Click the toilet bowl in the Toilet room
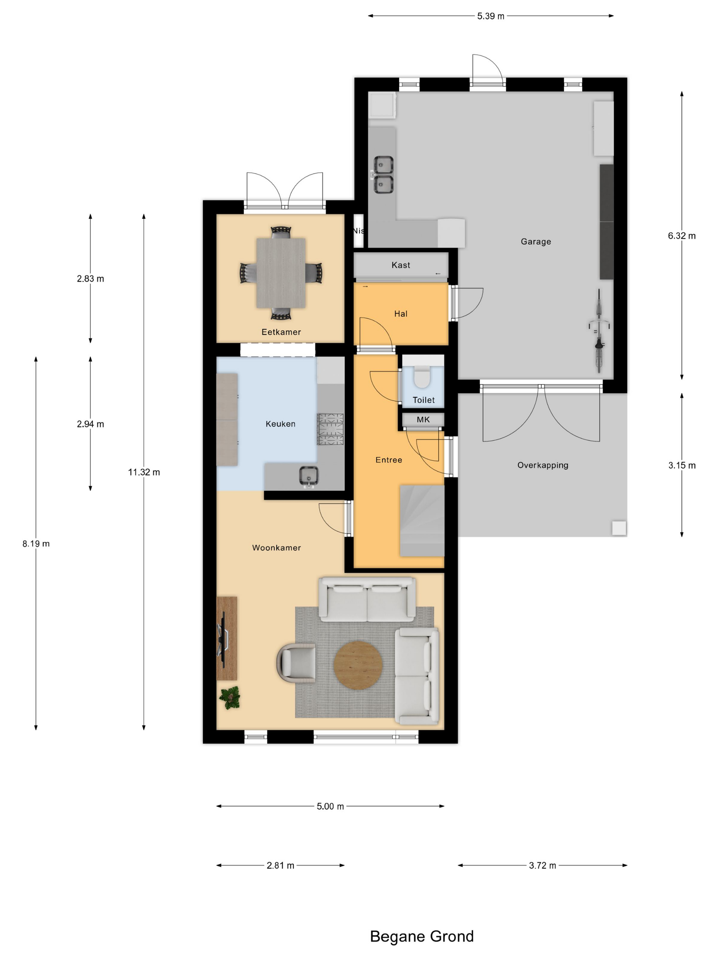point(422,376)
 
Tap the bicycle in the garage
point(599,331)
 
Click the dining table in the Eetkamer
point(281,273)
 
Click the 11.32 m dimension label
point(144,472)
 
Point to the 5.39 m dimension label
point(490,16)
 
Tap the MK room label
point(423,419)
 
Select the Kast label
point(401,265)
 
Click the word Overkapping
point(543,465)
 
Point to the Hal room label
point(401,313)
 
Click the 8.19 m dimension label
point(36,544)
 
